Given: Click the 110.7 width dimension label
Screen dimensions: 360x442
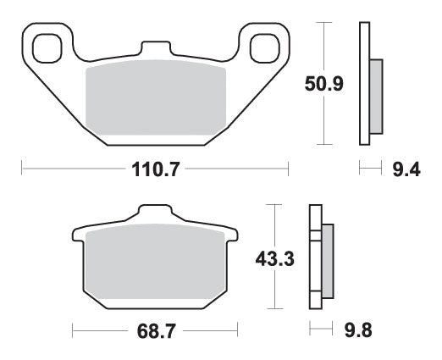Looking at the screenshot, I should [155, 169].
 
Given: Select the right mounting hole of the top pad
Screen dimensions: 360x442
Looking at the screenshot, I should [261, 43].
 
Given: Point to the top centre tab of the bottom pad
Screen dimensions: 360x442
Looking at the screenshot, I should [154, 214].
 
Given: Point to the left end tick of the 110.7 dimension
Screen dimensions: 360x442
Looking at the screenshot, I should [21, 169].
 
